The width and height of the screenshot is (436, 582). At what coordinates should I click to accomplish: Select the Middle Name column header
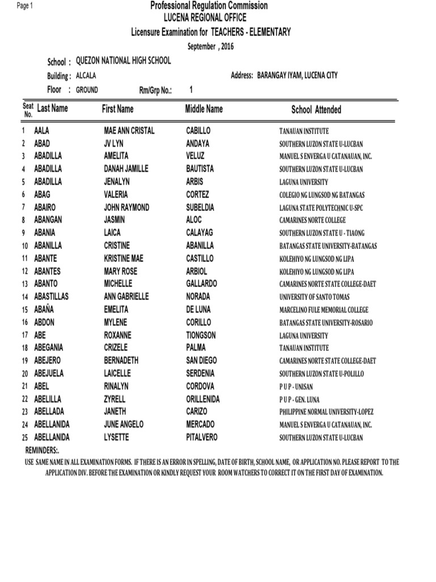click(x=204, y=109)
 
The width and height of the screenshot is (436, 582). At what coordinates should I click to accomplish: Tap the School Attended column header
click(x=316, y=110)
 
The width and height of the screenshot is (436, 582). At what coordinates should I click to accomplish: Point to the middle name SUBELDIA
click(x=203, y=207)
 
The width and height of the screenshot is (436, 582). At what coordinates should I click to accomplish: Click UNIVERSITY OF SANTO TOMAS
click(x=315, y=297)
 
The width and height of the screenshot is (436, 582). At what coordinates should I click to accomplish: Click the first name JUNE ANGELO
click(x=124, y=425)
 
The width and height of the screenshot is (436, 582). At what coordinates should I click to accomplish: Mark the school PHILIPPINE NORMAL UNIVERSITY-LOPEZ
click(x=326, y=412)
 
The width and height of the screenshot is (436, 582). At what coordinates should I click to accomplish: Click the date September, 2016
click(x=211, y=46)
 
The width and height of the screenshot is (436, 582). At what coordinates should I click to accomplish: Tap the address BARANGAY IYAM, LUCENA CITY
click(x=297, y=75)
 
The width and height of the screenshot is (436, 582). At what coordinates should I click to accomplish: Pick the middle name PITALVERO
click(x=202, y=437)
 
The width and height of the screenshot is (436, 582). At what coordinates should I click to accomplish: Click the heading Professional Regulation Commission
click(x=208, y=6)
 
